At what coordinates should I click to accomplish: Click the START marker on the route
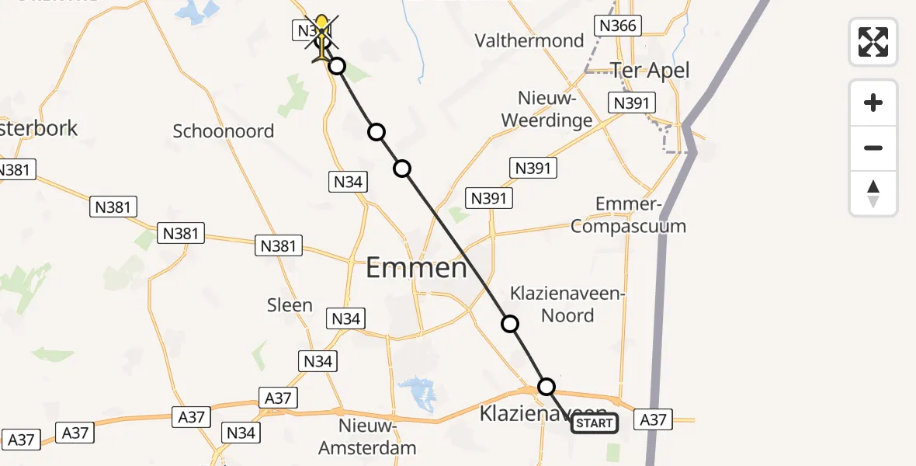coord(595,423)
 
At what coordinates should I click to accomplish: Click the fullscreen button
coord(873,42)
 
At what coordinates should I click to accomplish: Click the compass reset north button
coord(873,194)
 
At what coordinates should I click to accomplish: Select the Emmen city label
coord(416,269)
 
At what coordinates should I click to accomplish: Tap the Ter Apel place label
coord(650,70)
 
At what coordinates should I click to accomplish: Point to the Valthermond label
coord(529,40)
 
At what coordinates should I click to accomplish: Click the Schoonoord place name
coord(224,130)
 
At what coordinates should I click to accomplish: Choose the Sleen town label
coord(290,305)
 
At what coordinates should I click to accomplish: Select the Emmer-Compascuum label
coord(640,215)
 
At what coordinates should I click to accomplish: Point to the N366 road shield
coord(618,26)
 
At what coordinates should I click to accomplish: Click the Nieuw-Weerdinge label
coord(546,110)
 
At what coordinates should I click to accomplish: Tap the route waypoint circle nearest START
coord(546,387)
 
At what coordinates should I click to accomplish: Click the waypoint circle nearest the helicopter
coord(336,66)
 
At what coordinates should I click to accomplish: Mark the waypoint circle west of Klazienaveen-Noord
coord(510,324)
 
